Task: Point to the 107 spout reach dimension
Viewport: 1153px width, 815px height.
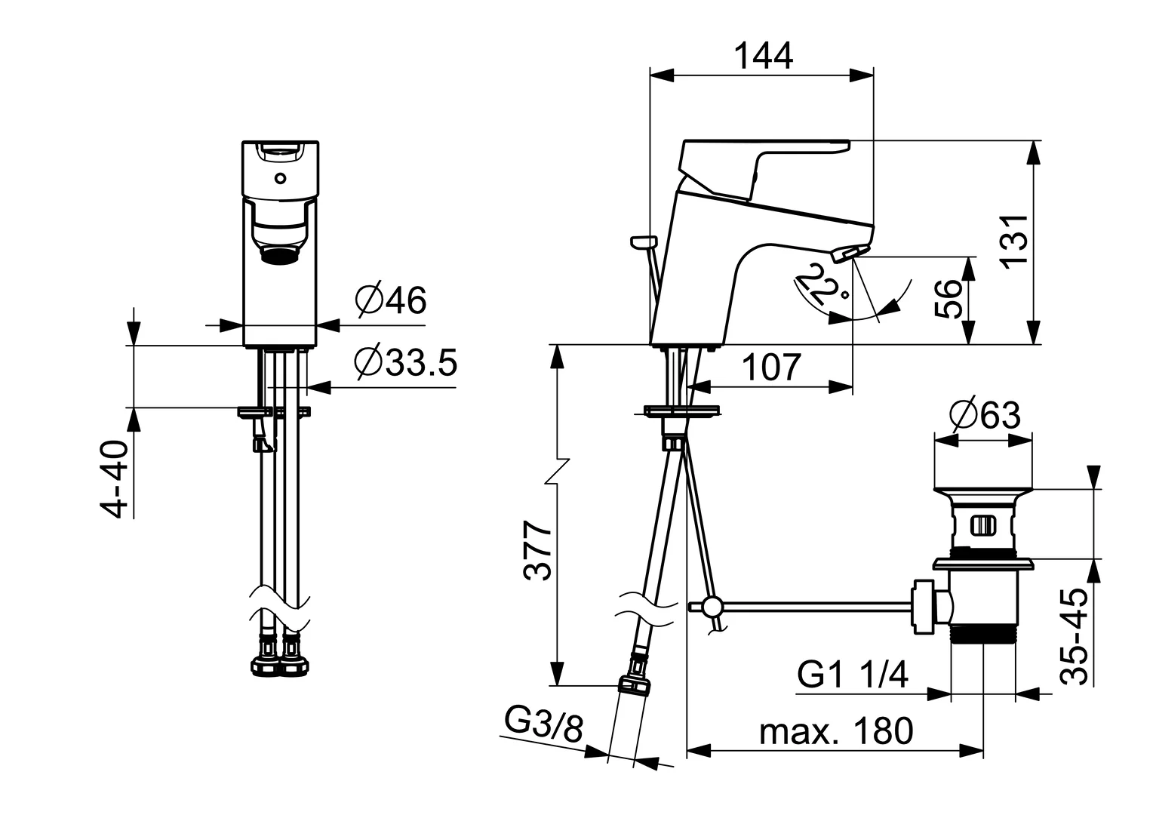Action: coord(770,368)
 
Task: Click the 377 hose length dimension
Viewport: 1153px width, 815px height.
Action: coord(539,549)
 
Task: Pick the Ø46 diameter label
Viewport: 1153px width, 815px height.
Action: coord(390,300)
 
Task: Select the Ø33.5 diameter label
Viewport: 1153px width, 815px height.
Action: coord(405,363)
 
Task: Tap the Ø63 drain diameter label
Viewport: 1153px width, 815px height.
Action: coord(985,415)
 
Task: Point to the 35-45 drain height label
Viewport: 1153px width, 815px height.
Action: coord(1075,636)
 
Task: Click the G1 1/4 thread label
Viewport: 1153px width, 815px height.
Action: coord(853,674)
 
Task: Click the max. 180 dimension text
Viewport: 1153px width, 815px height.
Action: coord(836,730)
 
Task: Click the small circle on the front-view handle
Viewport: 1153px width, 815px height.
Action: coord(280,179)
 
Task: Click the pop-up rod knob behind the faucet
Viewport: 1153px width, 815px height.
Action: coord(643,241)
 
